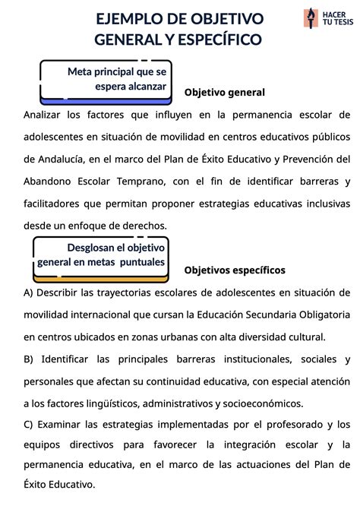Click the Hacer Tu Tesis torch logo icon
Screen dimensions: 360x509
coord(310,18)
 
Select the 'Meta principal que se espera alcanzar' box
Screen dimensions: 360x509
coord(103,79)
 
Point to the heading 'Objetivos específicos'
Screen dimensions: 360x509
coord(235,270)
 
